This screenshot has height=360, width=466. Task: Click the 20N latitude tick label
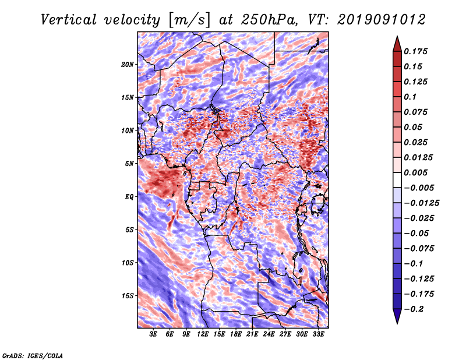127,65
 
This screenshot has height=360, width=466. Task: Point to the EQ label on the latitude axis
129,197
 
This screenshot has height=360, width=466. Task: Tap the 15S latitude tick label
127,296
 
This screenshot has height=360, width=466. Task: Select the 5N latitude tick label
129,164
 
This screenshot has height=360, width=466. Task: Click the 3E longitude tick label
153,334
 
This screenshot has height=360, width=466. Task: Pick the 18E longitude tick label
235,334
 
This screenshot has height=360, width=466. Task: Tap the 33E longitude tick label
318,334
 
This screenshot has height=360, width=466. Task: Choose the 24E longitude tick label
269,334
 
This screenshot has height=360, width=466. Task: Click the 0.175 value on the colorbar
415,51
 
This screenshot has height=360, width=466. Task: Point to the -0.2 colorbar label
414,309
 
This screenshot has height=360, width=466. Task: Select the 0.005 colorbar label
415,172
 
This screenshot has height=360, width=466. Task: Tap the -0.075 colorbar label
419,249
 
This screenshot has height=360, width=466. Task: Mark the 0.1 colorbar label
410,97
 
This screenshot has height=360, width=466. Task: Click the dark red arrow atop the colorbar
397,44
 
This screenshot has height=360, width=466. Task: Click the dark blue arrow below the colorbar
397,316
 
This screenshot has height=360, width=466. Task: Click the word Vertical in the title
69,20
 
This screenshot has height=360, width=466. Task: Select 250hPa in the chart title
269,20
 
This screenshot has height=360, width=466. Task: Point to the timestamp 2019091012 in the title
382,20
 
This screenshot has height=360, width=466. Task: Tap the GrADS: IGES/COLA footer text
33,356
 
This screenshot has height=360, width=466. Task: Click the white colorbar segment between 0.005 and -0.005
397,180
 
